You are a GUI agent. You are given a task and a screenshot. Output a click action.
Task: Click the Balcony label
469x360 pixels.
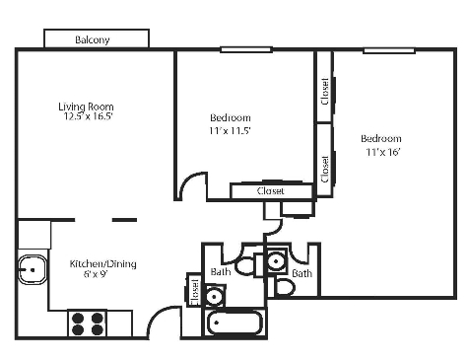click(93, 40)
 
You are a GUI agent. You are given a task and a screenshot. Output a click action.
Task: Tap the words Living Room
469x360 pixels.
click(86, 107)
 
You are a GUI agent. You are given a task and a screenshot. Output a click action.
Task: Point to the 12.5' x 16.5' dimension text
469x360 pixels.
click(86, 116)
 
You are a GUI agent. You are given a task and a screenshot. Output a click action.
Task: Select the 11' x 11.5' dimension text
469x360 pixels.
click(231, 129)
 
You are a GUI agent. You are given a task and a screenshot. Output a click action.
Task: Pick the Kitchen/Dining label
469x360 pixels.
click(102, 263)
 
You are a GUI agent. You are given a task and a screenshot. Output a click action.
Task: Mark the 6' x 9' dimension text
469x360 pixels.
click(102, 275)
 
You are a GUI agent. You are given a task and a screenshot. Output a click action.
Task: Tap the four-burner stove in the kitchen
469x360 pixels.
click(87, 323)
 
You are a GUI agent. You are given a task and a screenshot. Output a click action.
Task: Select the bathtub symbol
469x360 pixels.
click(234, 323)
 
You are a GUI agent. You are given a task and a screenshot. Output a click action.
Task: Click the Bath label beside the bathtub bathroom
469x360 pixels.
click(221, 271)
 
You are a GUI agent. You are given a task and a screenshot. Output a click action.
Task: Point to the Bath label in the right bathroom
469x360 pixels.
click(301, 272)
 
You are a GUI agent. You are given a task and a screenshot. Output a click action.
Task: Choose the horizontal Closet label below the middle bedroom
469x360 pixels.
click(270, 191)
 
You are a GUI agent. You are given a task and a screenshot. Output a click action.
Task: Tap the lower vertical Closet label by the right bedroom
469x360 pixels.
click(324, 166)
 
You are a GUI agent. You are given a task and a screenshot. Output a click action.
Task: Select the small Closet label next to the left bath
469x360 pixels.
click(194, 292)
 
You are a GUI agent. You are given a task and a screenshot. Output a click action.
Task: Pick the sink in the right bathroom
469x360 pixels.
click(277, 261)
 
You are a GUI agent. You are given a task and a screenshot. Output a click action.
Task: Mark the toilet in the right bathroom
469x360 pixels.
click(284, 287)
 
